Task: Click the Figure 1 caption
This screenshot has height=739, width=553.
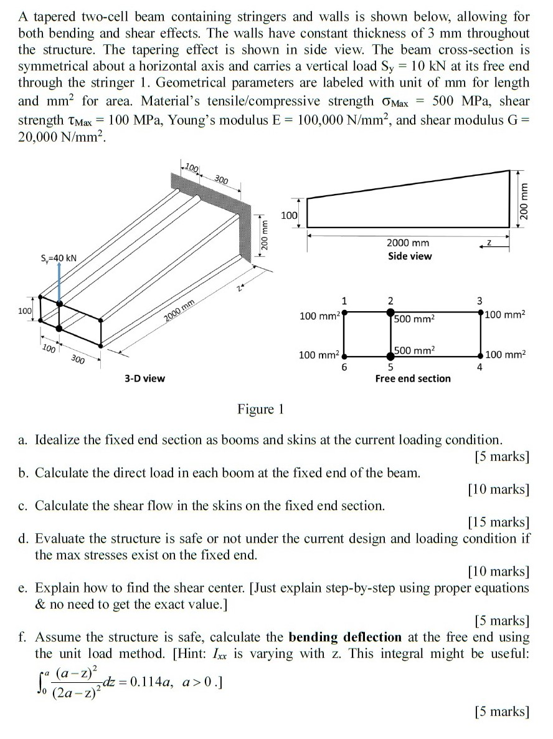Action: coord(260,409)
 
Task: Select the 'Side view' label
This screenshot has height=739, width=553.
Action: coord(409,256)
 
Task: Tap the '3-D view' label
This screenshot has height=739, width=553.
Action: coord(144,378)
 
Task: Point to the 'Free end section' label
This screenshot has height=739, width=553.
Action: coord(412,379)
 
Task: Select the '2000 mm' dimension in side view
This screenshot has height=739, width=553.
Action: coord(408,243)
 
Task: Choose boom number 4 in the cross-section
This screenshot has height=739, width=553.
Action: coord(479,367)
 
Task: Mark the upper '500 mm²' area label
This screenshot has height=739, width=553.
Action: coord(414,319)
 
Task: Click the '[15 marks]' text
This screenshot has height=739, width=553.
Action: coord(498,522)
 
